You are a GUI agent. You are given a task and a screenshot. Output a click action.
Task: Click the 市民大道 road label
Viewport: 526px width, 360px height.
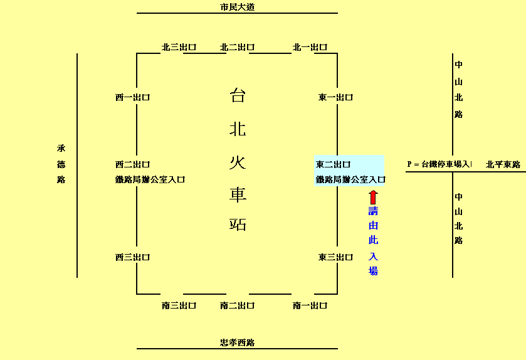click(x=237, y=8)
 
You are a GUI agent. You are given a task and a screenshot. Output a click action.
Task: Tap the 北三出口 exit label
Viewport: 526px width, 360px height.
click(x=179, y=47)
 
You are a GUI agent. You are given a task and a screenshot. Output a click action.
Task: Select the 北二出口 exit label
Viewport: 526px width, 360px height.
click(x=237, y=47)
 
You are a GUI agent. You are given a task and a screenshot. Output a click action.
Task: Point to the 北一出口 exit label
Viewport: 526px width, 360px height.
click(x=310, y=47)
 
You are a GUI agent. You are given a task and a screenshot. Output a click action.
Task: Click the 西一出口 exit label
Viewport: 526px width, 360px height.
click(x=132, y=97)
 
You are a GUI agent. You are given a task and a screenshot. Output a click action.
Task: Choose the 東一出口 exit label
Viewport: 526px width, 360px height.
click(x=335, y=97)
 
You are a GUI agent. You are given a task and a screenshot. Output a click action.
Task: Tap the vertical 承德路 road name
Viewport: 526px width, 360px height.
click(x=61, y=164)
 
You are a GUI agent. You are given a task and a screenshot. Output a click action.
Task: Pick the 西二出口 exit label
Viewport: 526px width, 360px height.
click(x=132, y=164)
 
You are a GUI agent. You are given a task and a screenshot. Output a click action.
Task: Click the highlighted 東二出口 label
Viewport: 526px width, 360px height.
click(x=333, y=164)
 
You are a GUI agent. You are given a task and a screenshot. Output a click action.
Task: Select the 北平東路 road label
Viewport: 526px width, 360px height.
click(x=503, y=164)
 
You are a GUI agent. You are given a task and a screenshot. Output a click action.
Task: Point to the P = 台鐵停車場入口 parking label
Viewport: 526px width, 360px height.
click(x=439, y=164)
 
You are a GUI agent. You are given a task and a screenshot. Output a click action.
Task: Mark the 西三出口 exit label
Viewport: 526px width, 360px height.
click(x=132, y=257)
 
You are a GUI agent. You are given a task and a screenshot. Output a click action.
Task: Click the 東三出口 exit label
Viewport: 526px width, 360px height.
click(x=335, y=257)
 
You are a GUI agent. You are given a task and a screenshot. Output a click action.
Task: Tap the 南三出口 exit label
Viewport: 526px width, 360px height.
click(x=179, y=305)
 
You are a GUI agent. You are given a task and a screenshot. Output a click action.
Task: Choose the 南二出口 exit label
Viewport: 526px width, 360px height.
click(x=237, y=305)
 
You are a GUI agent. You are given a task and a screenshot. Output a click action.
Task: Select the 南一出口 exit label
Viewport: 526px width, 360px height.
click(x=310, y=305)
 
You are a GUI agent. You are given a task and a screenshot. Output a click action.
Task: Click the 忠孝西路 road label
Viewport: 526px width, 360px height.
click(x=237, y=342)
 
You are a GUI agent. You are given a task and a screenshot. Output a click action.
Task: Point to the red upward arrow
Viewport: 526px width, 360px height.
click(x=373, y=197)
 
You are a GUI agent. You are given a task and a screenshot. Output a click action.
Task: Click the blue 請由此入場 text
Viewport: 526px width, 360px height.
click(x=373, y=241)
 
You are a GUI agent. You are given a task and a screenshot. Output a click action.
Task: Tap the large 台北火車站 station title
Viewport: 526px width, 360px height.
click(x=238, y=159)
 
